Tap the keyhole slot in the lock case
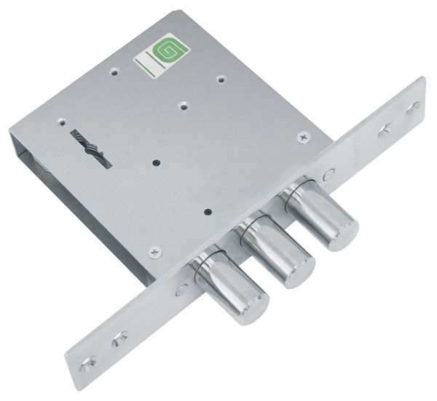(91, 148)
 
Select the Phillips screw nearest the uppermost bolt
(304, 138)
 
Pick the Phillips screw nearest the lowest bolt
(155, 253)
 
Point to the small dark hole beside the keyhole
(157, 162)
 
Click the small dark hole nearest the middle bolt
(207, 213)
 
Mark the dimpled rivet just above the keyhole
(62, 122)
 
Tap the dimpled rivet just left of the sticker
(114, 72)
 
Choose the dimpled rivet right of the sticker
(221, 79)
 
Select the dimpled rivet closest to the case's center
(184, 106)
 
